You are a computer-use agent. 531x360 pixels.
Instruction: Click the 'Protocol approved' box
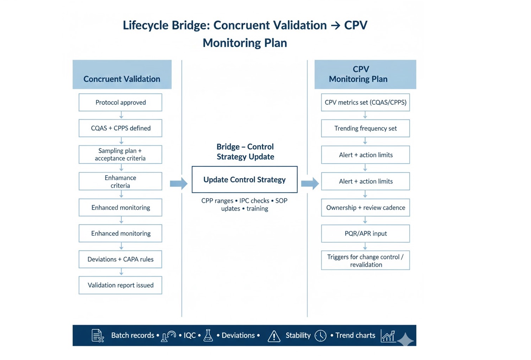coord(120,102)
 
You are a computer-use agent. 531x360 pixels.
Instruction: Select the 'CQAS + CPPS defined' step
coord(120,128)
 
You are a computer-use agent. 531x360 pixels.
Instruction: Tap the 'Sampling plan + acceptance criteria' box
coord(120,154)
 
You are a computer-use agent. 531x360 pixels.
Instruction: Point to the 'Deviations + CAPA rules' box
coord(120,259)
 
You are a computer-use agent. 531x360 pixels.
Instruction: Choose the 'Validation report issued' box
coord(120,285)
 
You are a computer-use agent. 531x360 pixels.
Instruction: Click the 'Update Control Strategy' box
coord(245,179)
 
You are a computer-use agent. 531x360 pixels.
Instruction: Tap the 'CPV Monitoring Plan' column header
coord(365,75)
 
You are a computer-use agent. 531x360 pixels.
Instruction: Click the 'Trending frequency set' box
coord(365,128)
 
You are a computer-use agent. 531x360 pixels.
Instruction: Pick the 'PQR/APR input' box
coord(365,234)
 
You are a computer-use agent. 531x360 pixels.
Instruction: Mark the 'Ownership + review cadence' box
coord(365,208)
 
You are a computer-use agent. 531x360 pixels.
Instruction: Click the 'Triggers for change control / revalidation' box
coord(365,261)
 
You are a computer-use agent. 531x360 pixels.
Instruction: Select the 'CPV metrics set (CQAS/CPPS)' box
coord(365,102)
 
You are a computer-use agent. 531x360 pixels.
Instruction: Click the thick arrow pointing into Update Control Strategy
coord(179,183)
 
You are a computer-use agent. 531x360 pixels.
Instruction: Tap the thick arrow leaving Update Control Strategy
coord(310,183)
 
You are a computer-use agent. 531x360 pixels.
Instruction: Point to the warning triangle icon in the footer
coord(274,336)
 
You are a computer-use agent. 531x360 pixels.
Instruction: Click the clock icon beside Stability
coord(321,336)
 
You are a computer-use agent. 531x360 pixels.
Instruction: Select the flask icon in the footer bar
coord(208,336)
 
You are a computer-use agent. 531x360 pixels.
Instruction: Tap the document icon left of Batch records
coord(97,336)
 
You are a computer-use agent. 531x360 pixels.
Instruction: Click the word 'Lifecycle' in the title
coord(145,25)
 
